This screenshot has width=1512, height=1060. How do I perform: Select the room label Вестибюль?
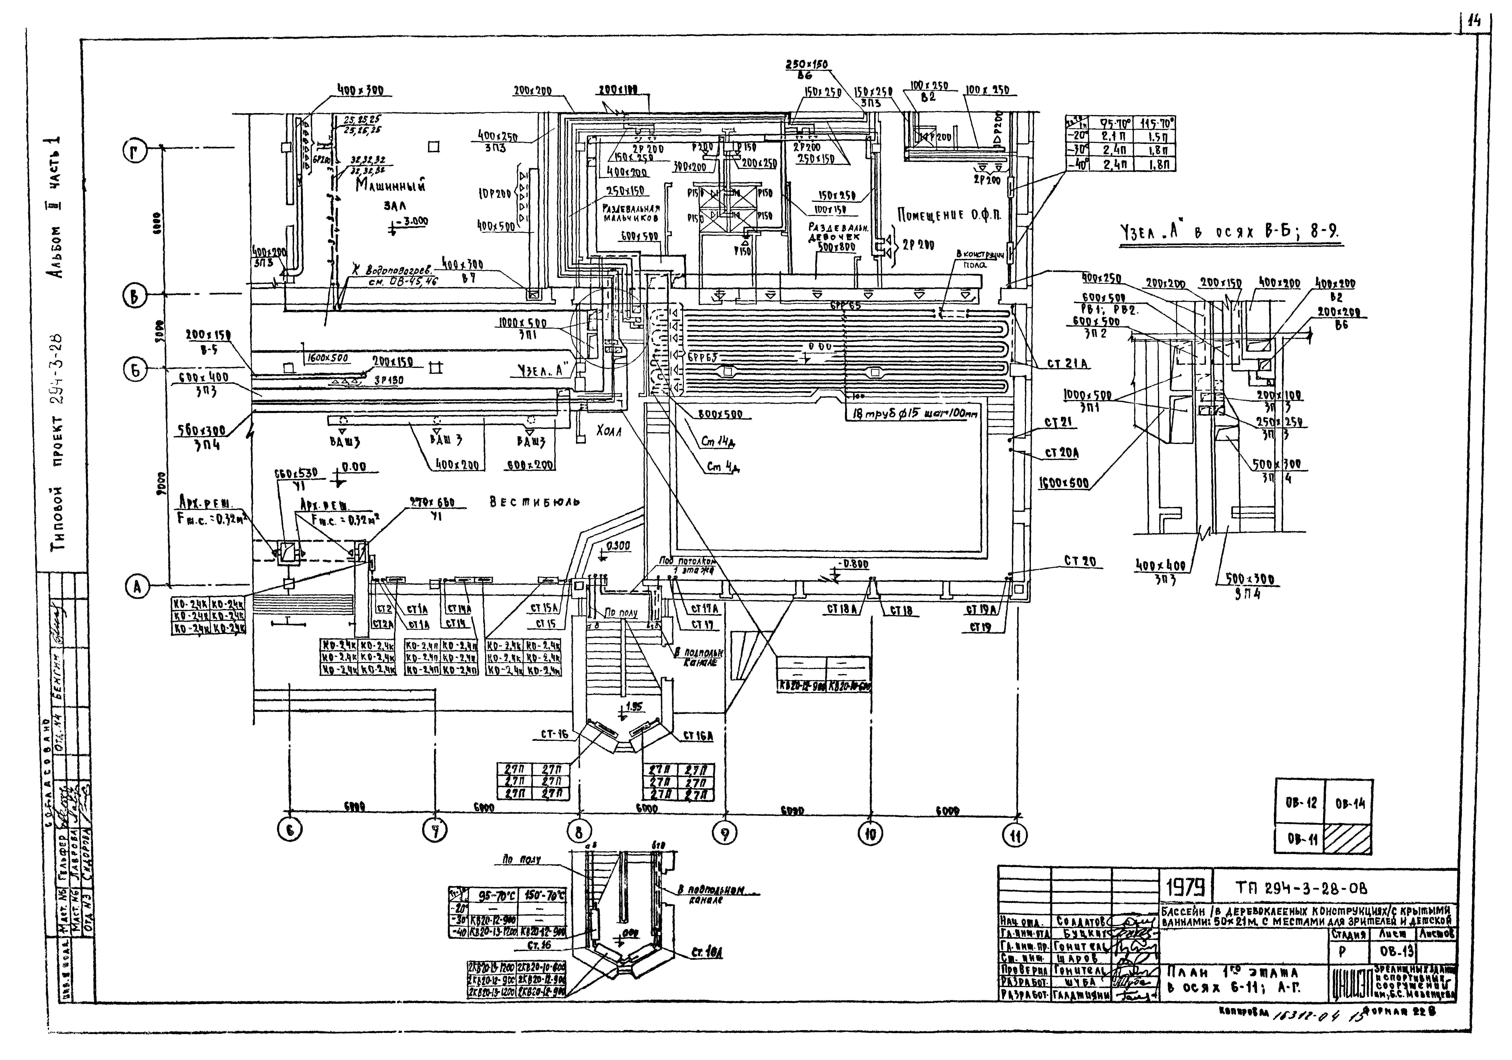point(535,502)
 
